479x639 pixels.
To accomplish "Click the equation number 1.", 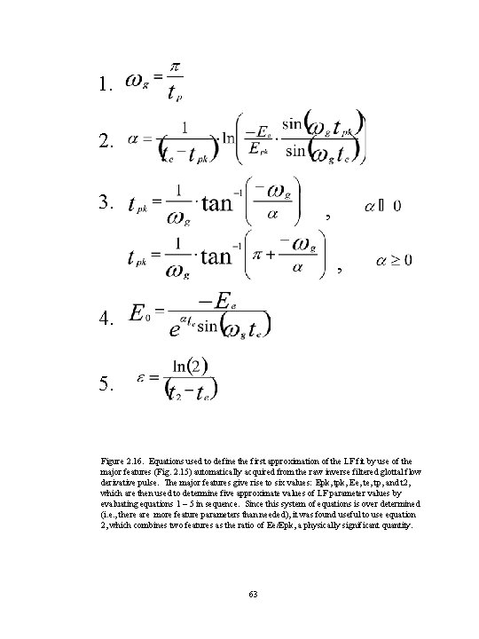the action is (106, 86).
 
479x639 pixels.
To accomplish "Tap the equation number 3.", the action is (106, 203).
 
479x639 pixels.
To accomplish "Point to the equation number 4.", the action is (106, 316).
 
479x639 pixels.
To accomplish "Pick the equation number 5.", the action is (106, 383).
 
